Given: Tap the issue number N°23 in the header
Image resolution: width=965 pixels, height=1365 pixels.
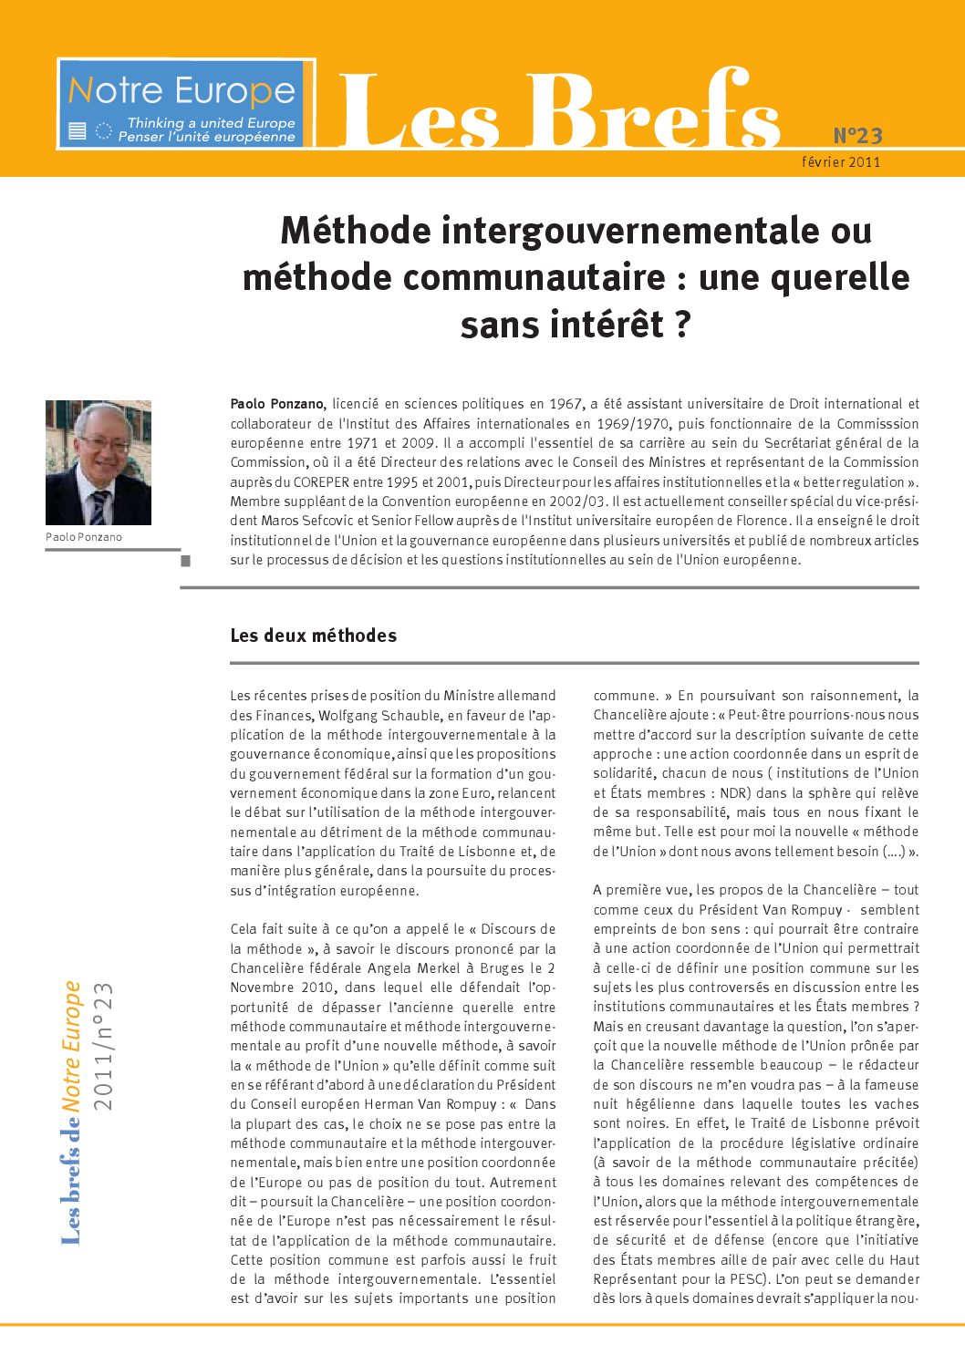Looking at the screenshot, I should coord(857,136).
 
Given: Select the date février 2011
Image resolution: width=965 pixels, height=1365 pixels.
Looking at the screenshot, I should coord(841,162).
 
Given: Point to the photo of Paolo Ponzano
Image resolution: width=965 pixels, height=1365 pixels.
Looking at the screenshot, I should coord(99,462).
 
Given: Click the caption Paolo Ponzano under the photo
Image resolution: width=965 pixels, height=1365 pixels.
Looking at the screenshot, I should coord(84,537).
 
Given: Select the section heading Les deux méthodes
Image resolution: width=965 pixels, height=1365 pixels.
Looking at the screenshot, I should coord(313,636).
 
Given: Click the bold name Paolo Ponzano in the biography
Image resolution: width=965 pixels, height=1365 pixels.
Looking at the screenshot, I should coord(276,404).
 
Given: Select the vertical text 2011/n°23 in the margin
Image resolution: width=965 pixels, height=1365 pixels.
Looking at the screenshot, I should coord(103,1046).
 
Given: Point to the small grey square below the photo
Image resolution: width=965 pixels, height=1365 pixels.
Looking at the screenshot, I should coord(186,561).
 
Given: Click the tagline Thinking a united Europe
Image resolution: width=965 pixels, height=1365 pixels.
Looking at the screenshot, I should coord(211,122).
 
